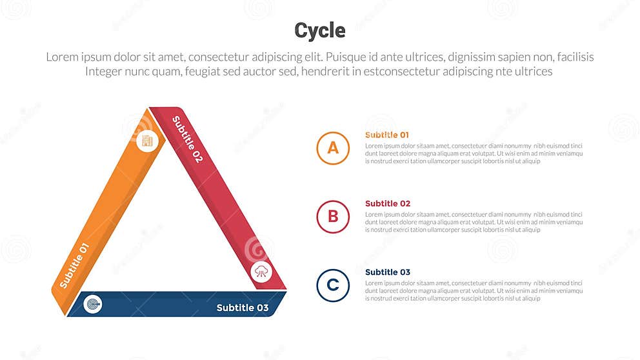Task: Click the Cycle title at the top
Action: coord(319,30)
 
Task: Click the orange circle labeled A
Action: coord(333,148)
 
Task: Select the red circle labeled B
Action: coord(333,216)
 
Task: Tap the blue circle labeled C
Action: coord(333,285)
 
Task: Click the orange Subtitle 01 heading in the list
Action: coord(387,135)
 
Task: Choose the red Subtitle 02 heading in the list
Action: coord(387,203)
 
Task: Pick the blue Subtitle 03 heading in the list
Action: coord(387,272)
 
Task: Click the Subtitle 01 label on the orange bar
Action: coord(74,265)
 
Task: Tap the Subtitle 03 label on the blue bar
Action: coord(242,308)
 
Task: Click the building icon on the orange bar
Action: coord(147,141)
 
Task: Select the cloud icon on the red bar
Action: coord(261,271)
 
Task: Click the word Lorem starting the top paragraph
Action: coord(62,57)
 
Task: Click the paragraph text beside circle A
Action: coord(474,154)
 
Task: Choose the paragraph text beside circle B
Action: coord(474,222)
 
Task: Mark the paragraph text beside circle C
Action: coord(474,290)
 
